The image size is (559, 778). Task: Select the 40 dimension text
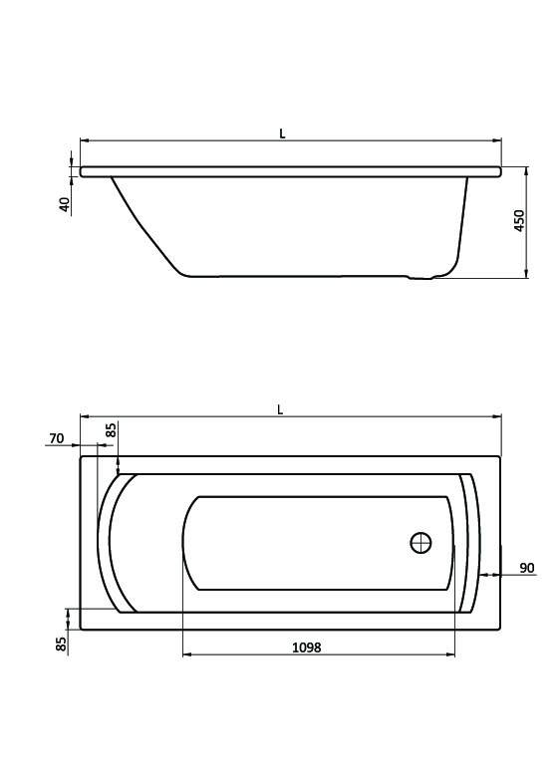coord(65,205)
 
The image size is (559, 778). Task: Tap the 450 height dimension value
coord(517,221)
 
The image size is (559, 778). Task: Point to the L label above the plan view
coord(282,407)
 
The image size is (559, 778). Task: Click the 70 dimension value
coord(56,437)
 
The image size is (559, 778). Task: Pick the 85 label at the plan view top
coord(112,430)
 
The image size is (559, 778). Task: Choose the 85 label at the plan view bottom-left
coord(61,645)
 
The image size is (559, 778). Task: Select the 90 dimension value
coord(527,568)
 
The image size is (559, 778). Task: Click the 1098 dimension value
coord(306,647)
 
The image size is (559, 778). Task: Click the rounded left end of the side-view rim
coord(84,172)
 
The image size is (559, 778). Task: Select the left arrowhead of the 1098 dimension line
coord(187,655)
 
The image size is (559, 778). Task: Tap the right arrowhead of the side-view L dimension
coord(497,140)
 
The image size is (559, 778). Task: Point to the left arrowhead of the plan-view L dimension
coord(84,415)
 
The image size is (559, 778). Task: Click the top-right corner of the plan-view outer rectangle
coord(498,456)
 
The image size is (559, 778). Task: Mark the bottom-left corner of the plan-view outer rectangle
coord(80,630)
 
